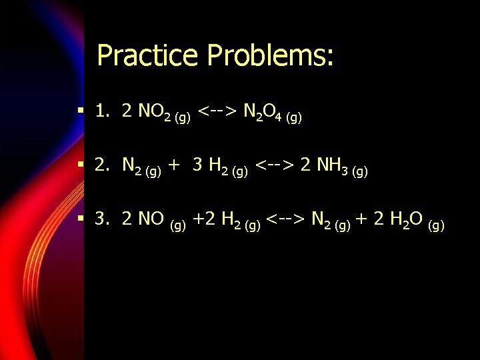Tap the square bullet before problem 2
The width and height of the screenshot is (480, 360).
(80, 165)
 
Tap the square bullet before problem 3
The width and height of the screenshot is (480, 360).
(80, 218)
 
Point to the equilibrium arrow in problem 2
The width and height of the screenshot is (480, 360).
(275, 165)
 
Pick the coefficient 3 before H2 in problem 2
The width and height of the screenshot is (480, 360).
(197, 165)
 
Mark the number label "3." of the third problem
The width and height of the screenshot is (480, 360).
(102, 218)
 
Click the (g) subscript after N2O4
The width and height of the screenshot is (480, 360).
(293, 118)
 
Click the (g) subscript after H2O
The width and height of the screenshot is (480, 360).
(436, 224)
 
